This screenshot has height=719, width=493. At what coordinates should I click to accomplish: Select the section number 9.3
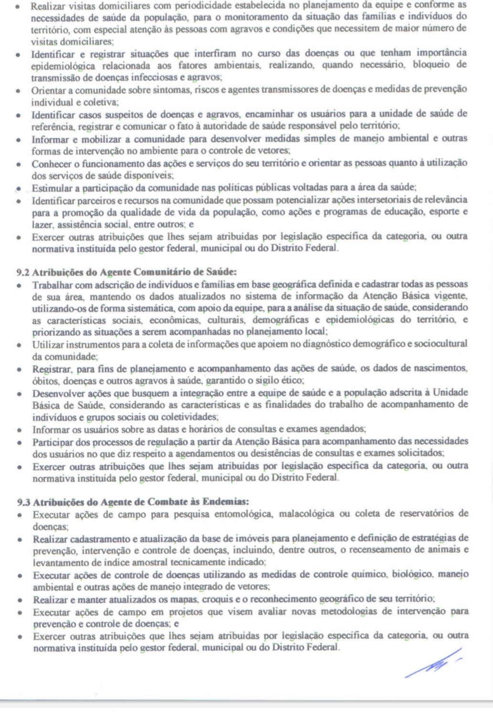(x=24, y=502)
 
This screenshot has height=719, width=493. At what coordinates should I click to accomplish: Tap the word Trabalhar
(x=52, y=285)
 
